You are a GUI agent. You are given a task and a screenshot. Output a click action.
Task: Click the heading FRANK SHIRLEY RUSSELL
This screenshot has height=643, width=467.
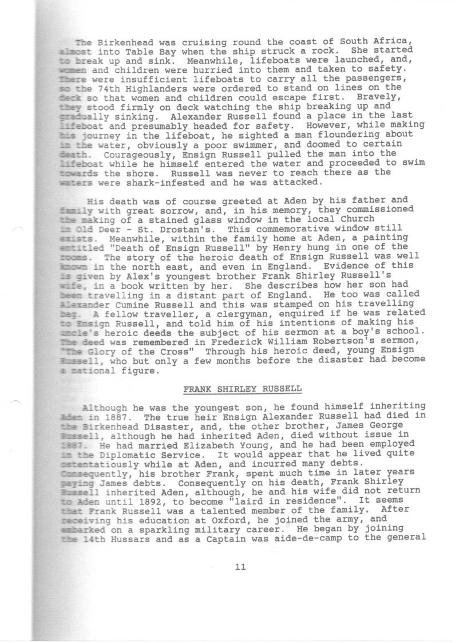[x=242, y=389]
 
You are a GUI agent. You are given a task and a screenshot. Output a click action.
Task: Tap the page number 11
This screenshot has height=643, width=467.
[x=240, y=567]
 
